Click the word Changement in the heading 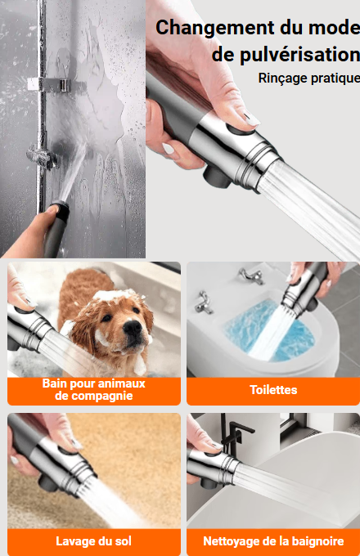click(x=215, y=28)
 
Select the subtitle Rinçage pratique click(x=309, y=78)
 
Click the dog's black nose click(x=133, y=327)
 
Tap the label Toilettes click(x=273, y=390)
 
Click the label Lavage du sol click(x=93, y=541)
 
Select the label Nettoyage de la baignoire click(x=273, y=541)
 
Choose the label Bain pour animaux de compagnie click(x=93, y=389)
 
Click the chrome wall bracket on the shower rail click(x=50, y=85)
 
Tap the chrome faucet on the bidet click(x=251, y=276)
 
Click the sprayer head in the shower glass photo click(x=59, y=210)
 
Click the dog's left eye click(x=106, y=317)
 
